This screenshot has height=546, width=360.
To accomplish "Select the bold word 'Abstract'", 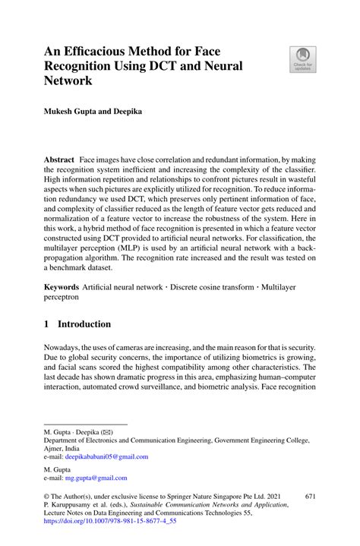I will point(58,161).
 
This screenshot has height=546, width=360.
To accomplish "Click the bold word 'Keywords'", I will point(61,288).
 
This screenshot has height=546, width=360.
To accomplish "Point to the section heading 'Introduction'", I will point(84,324).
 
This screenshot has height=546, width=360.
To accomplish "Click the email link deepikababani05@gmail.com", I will point(106,456).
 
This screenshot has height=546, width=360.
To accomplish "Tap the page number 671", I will point(309,494).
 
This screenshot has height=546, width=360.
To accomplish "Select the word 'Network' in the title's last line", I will point(69,80).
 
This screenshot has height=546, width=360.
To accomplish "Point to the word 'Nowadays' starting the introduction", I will point(63,349).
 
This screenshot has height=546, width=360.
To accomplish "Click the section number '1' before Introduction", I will point(47,324).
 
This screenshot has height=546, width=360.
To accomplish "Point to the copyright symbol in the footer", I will point(47,495).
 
